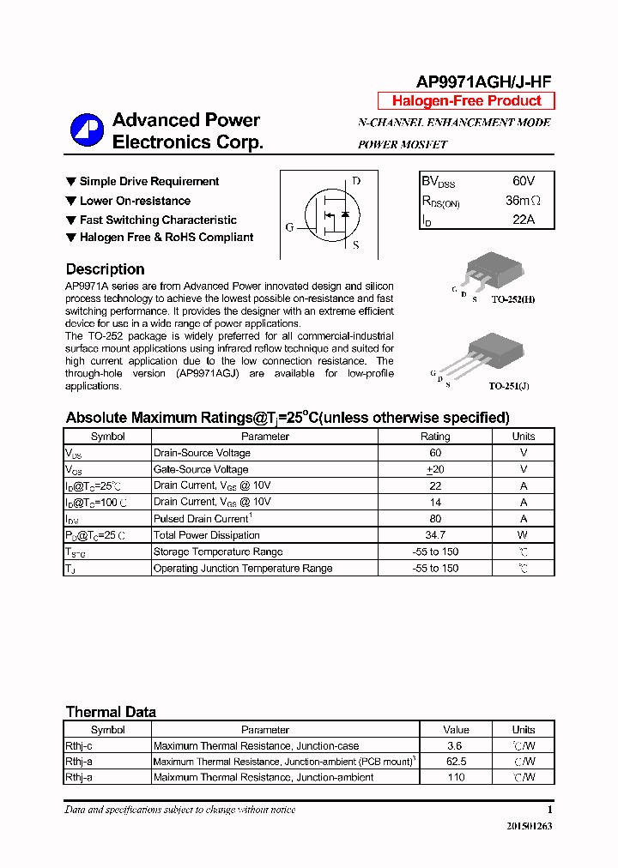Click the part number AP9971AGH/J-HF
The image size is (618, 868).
pyautogui.click(x=483, y=81)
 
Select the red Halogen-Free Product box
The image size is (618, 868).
pyautogui.click(x=466, y=101)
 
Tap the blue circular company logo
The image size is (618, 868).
pyautogui.click(x=87, y=130)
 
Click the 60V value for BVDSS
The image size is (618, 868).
pyautogui.click(x=523, y=182)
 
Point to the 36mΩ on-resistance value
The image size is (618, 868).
pyautogui.click(x=523, y=202)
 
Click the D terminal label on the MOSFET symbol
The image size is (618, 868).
pyautogui.click(x=356, y=181)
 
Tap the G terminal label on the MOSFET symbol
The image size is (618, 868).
pyautogui.click(x=289, y=227)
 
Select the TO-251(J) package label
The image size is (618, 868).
pyautogui.click(x=509, y=387)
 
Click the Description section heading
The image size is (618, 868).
pyautogui.click(x=105, y=269)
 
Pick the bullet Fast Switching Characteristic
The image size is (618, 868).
pyautogui.click(x=158, y=220)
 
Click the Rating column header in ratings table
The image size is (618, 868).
pyautogui.click(x=434, y=437)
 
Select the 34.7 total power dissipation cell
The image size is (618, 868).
pyautogui.click(x=434, y=535)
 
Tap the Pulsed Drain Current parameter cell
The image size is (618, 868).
pyautogui.click(x=202, y=519)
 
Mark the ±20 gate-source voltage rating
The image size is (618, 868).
pyautogui.click(x=434, y=469)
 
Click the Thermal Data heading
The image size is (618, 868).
pyautogui.click(x=111, y=712)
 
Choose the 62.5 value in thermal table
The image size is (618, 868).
pyautogui.click(x=457, y=762)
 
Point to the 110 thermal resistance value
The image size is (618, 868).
pyautogui.click(x=457, y=777)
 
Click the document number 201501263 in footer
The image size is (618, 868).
pyautogui.click(x=530, y=825)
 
